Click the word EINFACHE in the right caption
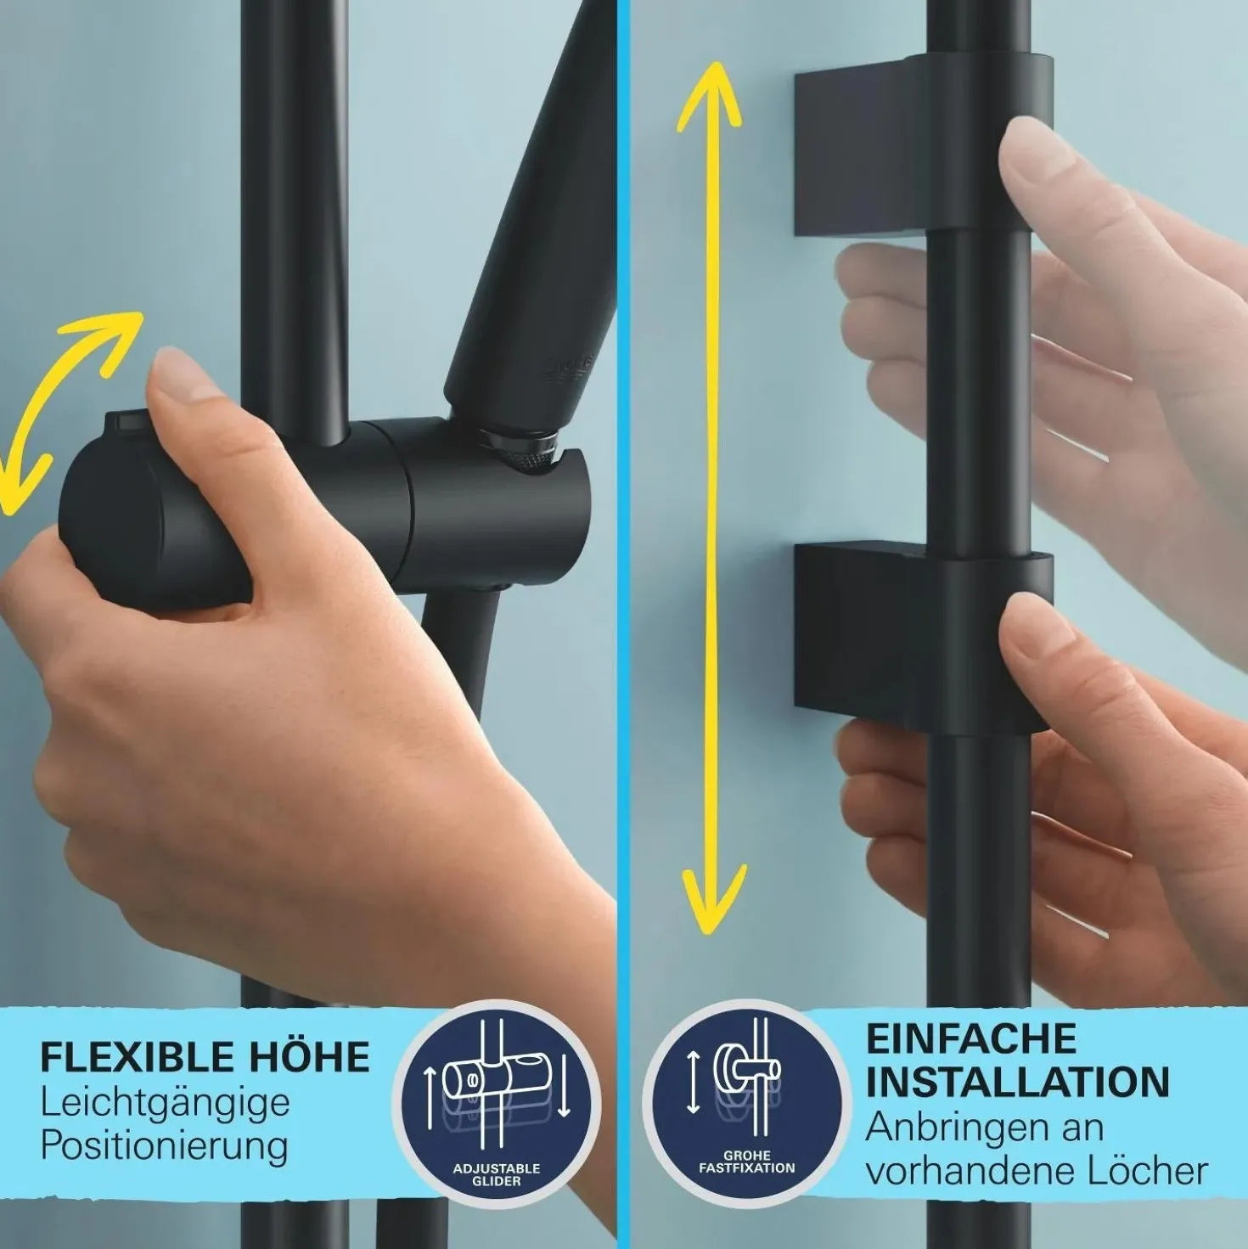click(x=971, y=1038)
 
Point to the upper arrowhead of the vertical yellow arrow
click(x=709, y=98)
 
